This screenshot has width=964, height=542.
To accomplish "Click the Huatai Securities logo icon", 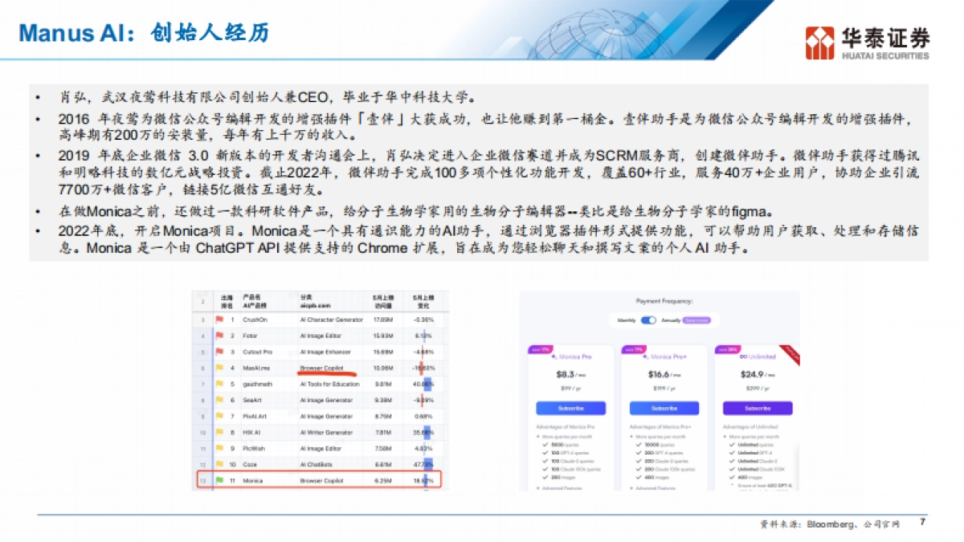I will pyautogui.click(x=821, y=43).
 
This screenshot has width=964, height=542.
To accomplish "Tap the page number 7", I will pyautogui.click(x=922, y=522).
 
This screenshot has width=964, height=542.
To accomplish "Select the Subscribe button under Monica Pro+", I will pyautogui.click(x=664, y=408).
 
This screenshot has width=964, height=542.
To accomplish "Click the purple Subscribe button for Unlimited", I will pyautogui.click(x=757, y=408).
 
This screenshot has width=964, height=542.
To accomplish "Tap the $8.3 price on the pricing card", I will pyautogui.click(x=566, y=374).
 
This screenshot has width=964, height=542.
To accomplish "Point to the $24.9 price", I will pyautogui.click(x=753, y=374).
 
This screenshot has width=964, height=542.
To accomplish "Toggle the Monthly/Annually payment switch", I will pyautogui.click(x=648, y=320).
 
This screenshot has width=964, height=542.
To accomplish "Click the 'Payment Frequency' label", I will pyautogui.click(x=664, y=302).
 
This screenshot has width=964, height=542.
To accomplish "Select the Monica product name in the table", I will pyautogui.click(x=253, y=480).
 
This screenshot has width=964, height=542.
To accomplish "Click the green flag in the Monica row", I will pyautogui.click(x=219, y=480).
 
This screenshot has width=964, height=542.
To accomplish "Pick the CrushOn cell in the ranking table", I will pyautogui.click(x=256, y=319).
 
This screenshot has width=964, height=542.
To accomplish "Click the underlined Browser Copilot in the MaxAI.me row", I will pyautogui.click(x=321, y=368).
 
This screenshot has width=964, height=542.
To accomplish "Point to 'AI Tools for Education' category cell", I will pyautogui.click(x=330, y=384).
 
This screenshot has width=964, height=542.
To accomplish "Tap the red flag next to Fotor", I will pyautogui.click(x=219, y=336).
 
